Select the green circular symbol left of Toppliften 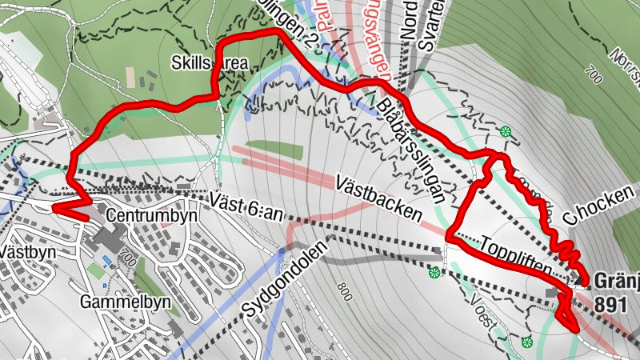pos(434,274)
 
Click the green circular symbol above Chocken pos(505,131)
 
